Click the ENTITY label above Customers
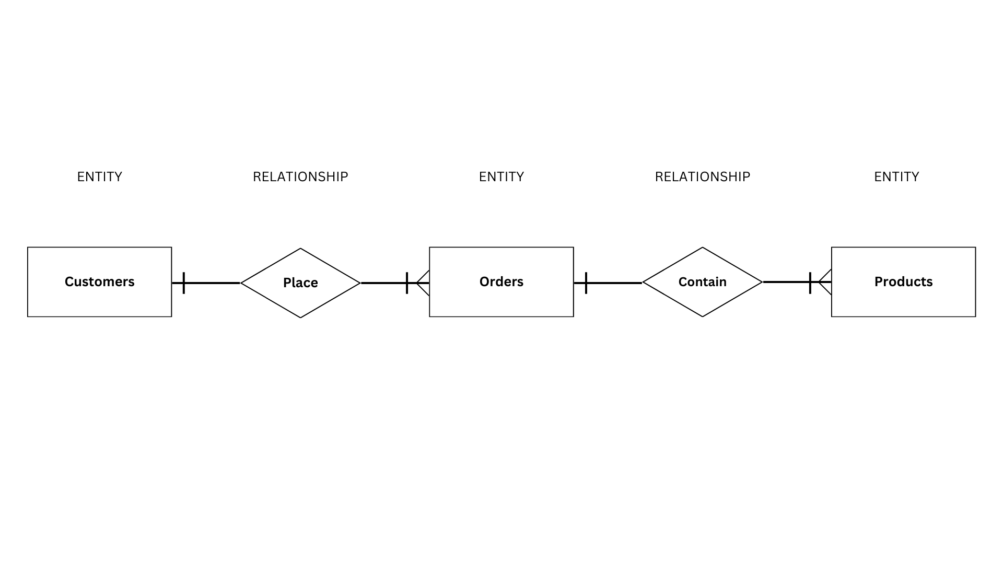(99, 177)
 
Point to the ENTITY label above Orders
(501, 177)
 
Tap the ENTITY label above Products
(896, 177)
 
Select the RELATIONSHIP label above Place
(300, 177)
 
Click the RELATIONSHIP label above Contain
(702, 177)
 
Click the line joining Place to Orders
(384, 283)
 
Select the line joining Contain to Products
(786, 282)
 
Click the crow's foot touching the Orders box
(424, 283)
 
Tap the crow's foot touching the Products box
(826, 282)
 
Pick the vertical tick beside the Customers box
(184, 283)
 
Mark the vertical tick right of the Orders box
(586, 283)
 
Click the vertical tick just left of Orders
(407, 283)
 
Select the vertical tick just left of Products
(810, 282)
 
